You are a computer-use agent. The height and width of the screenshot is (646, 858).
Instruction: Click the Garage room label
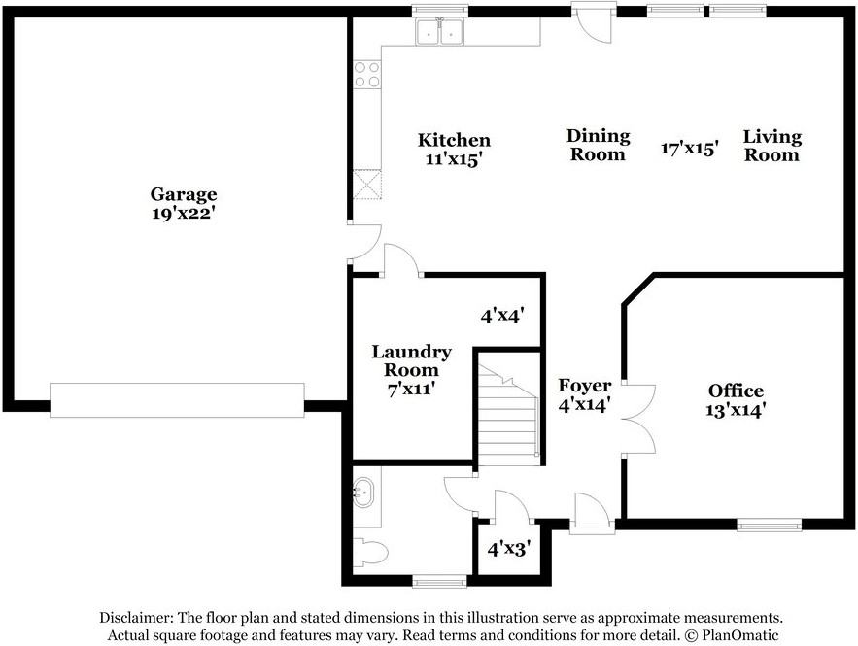[184, 194]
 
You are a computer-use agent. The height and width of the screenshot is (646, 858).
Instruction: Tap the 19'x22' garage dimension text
[182, 214]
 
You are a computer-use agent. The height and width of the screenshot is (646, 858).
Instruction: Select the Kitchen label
[454, 140]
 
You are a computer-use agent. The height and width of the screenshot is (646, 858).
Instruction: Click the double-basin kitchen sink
[439, 31]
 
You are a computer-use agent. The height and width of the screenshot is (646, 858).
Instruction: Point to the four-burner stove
[367, 75]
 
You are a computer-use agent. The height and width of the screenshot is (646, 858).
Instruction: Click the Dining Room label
[599, 145]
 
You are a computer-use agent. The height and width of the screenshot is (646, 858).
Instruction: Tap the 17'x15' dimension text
[690, 148]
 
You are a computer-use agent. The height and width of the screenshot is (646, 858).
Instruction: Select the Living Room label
[772, 146]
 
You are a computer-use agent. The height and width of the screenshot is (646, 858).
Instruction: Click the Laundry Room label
[411, 360]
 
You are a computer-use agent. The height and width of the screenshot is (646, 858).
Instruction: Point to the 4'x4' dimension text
[503, 315]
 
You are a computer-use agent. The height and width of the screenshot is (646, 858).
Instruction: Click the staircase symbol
[508, 415]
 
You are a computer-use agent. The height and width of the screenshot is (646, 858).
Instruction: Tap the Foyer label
[584, 386]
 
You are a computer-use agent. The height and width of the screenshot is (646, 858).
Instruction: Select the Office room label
[736, 391]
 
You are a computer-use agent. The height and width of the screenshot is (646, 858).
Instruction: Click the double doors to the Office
[638, 420]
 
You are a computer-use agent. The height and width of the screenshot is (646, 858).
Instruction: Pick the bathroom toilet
[370, 552]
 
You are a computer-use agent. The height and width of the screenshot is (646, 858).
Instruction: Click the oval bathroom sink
[363, 493]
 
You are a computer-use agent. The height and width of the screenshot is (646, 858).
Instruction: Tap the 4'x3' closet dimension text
[509, 549]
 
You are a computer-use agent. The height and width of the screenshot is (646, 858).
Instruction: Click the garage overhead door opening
[177, 400]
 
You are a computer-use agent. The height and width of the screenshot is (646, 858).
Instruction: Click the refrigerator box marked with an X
[367, 185]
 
